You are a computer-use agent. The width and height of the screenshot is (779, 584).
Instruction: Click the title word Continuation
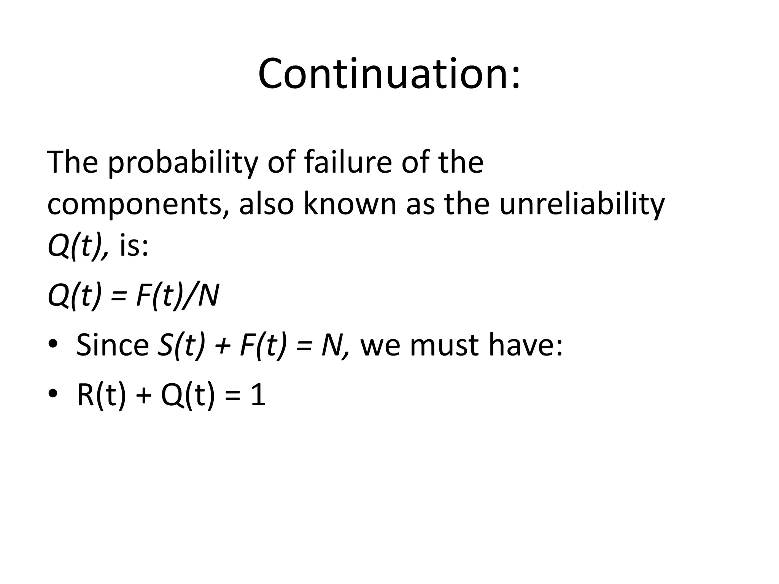tap(388, 74)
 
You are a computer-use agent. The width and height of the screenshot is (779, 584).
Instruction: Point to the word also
tap(266, 204)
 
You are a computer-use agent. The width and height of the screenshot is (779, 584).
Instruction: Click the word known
tap(350, 204)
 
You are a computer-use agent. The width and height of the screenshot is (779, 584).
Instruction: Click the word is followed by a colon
tap(134, 246)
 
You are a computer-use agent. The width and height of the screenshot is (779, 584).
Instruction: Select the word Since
tap(113, 345)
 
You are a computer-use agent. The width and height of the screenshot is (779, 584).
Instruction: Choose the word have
tap(525, 345)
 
